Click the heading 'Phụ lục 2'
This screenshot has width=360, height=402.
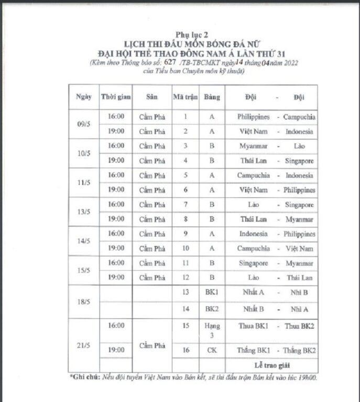[179, 33]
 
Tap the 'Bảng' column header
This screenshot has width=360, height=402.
[212, 97]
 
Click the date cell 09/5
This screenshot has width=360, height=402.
[83, 124]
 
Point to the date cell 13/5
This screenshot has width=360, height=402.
[83, 212]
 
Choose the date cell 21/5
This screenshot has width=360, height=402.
[83, 344]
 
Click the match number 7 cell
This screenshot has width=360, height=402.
[186, 205]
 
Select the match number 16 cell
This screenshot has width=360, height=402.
[186, 349]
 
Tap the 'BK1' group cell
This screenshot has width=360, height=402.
[212, 293]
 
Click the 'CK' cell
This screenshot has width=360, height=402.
[212, 349]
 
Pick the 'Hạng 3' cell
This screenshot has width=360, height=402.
[212, 330]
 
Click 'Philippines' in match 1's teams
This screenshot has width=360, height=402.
[253, 117]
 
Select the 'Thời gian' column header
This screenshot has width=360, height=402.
[116, 97]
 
